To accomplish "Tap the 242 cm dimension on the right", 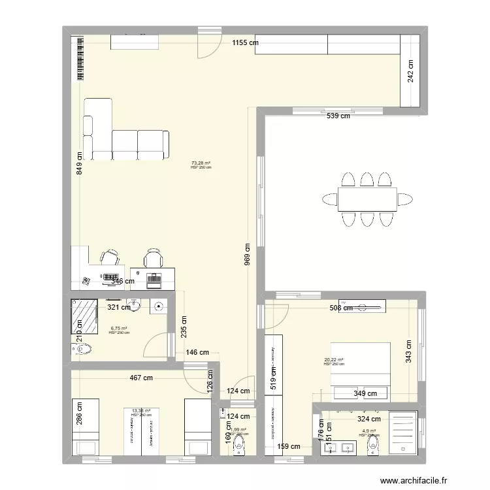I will pos(410,71).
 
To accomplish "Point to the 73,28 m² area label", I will pos(201,163).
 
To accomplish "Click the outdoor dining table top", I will pos(367,199).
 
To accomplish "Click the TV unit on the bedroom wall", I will pos(357,306).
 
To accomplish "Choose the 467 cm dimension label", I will pos(140,378).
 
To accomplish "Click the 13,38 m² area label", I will pos(141,410).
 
